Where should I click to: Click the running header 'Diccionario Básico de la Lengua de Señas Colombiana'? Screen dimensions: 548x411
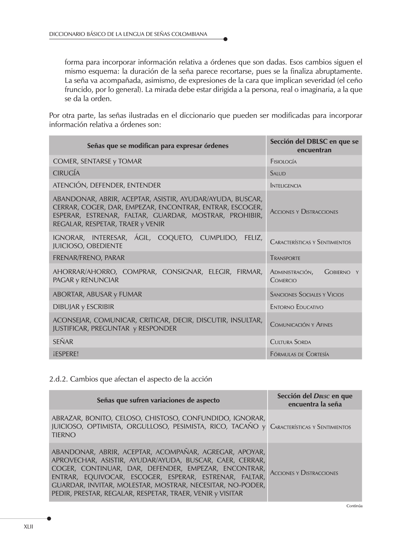(x=128, y=34)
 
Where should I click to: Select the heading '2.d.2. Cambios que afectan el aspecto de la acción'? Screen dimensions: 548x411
(x=130, y=379)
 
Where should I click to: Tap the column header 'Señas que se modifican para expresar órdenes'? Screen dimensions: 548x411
(x=158, y=146)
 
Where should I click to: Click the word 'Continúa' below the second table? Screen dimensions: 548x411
(x=354, y=506)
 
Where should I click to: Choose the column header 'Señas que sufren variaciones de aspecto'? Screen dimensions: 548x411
(x=158, y=400)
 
